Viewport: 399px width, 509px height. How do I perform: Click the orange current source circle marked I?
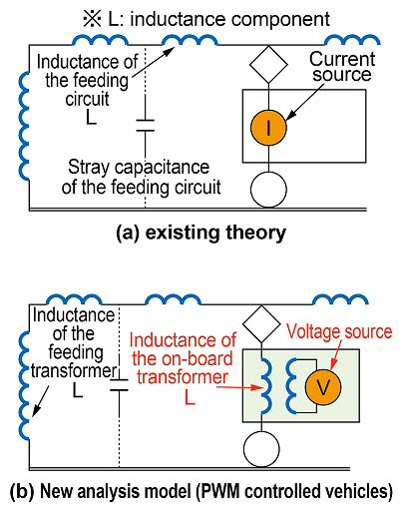point(268,128)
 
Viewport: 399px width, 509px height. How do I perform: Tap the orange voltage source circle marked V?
point(323,387)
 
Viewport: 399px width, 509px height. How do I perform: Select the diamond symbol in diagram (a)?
point(268,65)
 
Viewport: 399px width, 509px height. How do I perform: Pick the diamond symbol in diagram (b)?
point(261,324)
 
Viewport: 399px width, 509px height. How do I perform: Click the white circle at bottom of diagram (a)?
point(268,190)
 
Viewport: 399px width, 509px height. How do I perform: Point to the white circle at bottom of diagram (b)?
point(261,449)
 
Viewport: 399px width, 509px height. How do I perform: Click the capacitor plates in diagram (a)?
point(146,126)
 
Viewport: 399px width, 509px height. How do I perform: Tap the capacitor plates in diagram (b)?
point(119,384)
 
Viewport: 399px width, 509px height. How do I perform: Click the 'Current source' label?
point(342,67)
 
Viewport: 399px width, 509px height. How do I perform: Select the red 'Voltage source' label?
point(339,331)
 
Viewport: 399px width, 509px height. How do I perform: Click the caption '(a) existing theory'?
point(200,233)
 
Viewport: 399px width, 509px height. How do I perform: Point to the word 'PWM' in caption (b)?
point(216,491)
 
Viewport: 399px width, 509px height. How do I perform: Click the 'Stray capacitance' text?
point(139,167)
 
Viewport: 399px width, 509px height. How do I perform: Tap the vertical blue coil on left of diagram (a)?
point(24,126)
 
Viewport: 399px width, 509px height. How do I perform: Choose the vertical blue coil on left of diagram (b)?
point(24,385)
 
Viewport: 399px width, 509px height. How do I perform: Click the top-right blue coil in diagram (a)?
point(352,39)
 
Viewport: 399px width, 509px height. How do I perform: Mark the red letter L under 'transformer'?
point(190,397)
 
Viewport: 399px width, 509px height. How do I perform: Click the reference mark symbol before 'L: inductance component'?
point(92,19)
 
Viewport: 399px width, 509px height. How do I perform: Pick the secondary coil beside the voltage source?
point(291,386)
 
